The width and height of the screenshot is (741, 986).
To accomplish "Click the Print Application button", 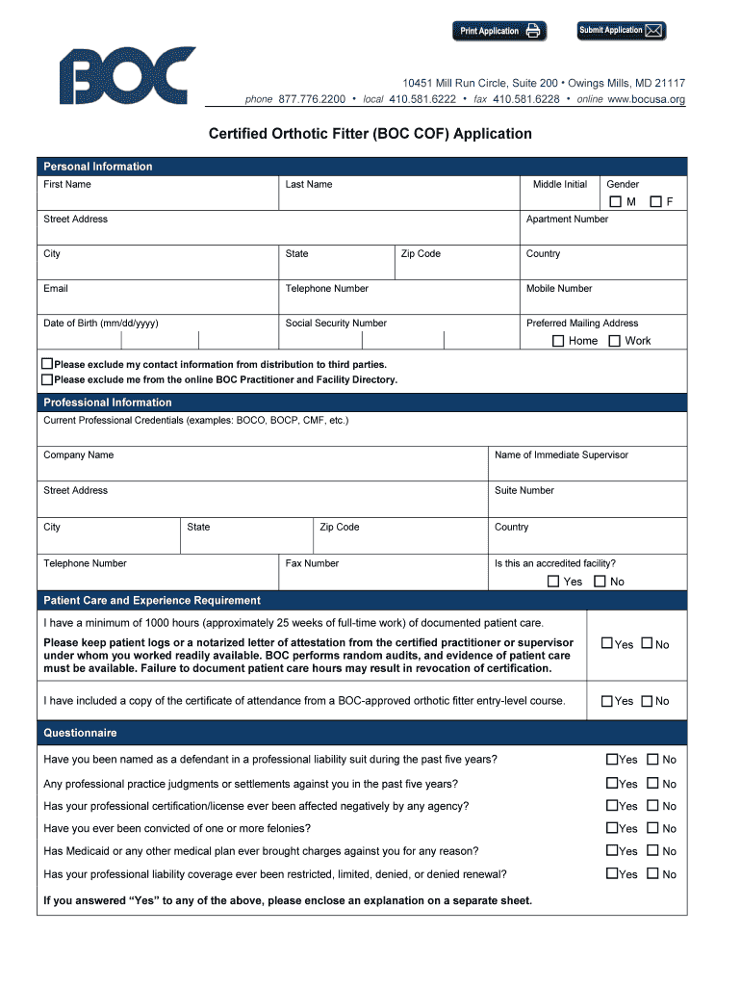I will coord(498,31).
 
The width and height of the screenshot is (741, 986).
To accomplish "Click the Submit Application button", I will coord(621,31).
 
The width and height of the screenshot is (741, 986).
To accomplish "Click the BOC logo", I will coord(127,76).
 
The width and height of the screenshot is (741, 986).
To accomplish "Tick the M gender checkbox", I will coord(616,201).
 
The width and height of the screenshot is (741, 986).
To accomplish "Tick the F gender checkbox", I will coord(655,201).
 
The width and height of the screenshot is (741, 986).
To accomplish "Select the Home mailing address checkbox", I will coord(558,341).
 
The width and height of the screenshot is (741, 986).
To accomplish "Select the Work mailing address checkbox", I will coord(614,341).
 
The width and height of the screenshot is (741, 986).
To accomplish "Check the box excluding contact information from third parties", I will coord(47,364).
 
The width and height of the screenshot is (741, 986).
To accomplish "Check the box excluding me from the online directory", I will coord(47,379).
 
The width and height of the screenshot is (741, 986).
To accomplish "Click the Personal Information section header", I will coord(98,167).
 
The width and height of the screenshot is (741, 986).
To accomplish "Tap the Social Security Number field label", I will coord(336,324).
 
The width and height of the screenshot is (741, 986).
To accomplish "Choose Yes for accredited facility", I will coord(553,582).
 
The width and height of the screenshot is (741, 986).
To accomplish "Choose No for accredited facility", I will coord(600,582).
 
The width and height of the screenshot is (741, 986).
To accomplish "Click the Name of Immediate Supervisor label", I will coord(561,455).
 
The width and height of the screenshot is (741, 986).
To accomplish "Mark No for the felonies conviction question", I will coord(652,828).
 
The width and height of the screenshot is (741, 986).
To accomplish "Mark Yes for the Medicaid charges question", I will coord(612,851).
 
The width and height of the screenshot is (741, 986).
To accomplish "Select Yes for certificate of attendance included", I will coord(607,701).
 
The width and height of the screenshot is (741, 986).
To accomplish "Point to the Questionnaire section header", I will coord(80,733).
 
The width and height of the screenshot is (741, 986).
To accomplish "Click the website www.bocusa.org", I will coord(646,99).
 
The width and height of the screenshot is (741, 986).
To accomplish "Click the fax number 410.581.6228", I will coord(525,99).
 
